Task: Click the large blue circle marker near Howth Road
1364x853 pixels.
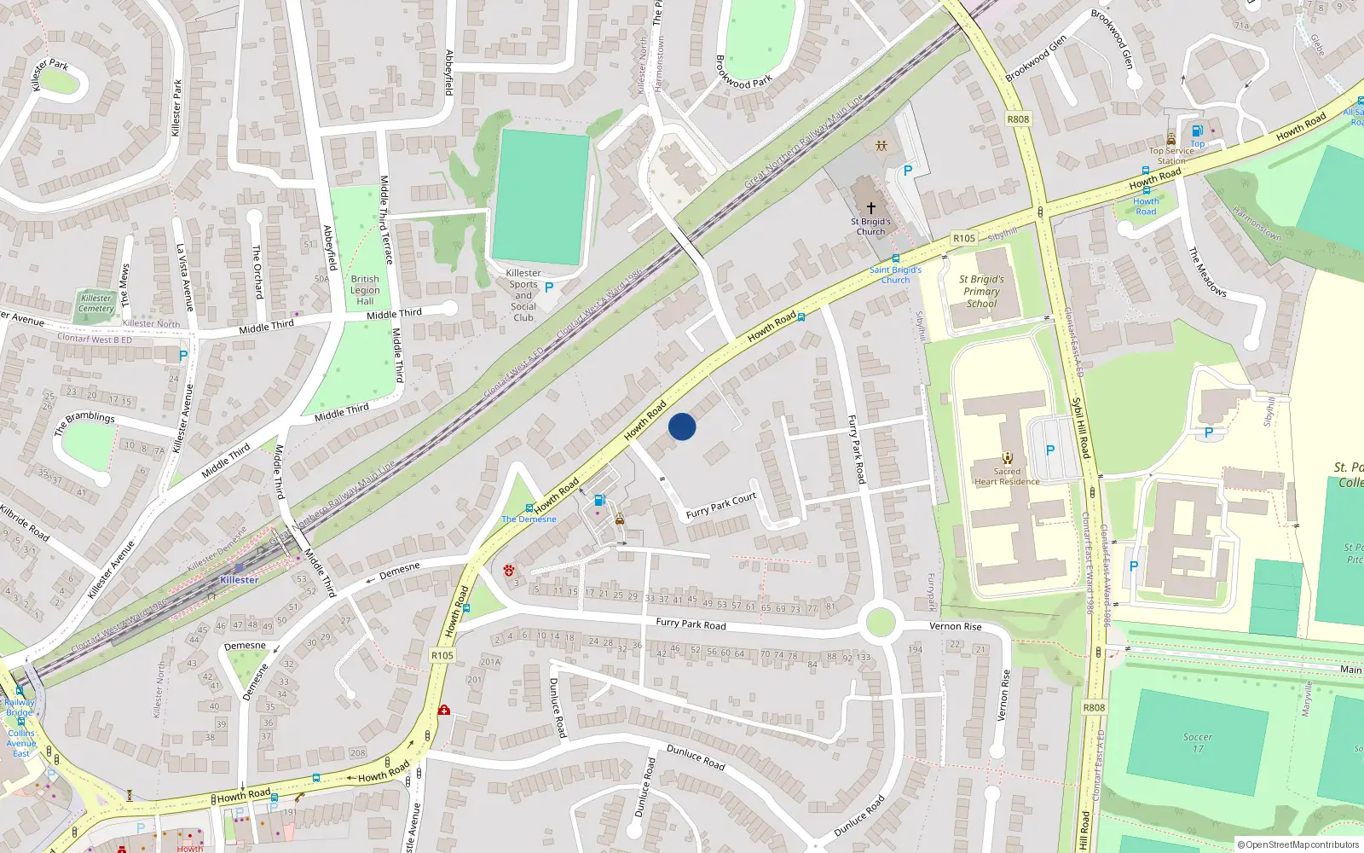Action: click(x=682, y=426)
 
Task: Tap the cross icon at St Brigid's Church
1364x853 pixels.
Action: click(x=870, y=207)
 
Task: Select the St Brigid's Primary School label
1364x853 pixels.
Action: click(x=981, y=291)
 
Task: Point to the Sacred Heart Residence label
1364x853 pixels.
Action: click(x=1007, y=476)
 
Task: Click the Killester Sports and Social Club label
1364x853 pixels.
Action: click(x=523, y=295)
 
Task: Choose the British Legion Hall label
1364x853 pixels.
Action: click(x=365, y=290)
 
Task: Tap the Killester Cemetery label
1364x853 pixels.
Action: click(x=96, y=303)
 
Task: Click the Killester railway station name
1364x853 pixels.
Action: click(x=239, y=580)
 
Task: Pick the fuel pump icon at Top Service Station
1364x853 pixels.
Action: click(x=1197, y=131)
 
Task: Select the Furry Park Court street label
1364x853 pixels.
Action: click(x=721, y=506)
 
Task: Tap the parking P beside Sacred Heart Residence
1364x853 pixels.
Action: click(x=1049, y=450)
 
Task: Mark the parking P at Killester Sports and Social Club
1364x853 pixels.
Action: click(x=549, y=288)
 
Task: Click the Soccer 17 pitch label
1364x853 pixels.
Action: click(x=1197, y=743)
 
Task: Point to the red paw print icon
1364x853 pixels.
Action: click(x=509, y=570)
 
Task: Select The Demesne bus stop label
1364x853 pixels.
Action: click(x=529, y=519)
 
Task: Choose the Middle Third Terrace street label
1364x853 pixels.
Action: click(x=385, y=219)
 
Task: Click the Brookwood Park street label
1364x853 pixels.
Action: click(x=743, y=73)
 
